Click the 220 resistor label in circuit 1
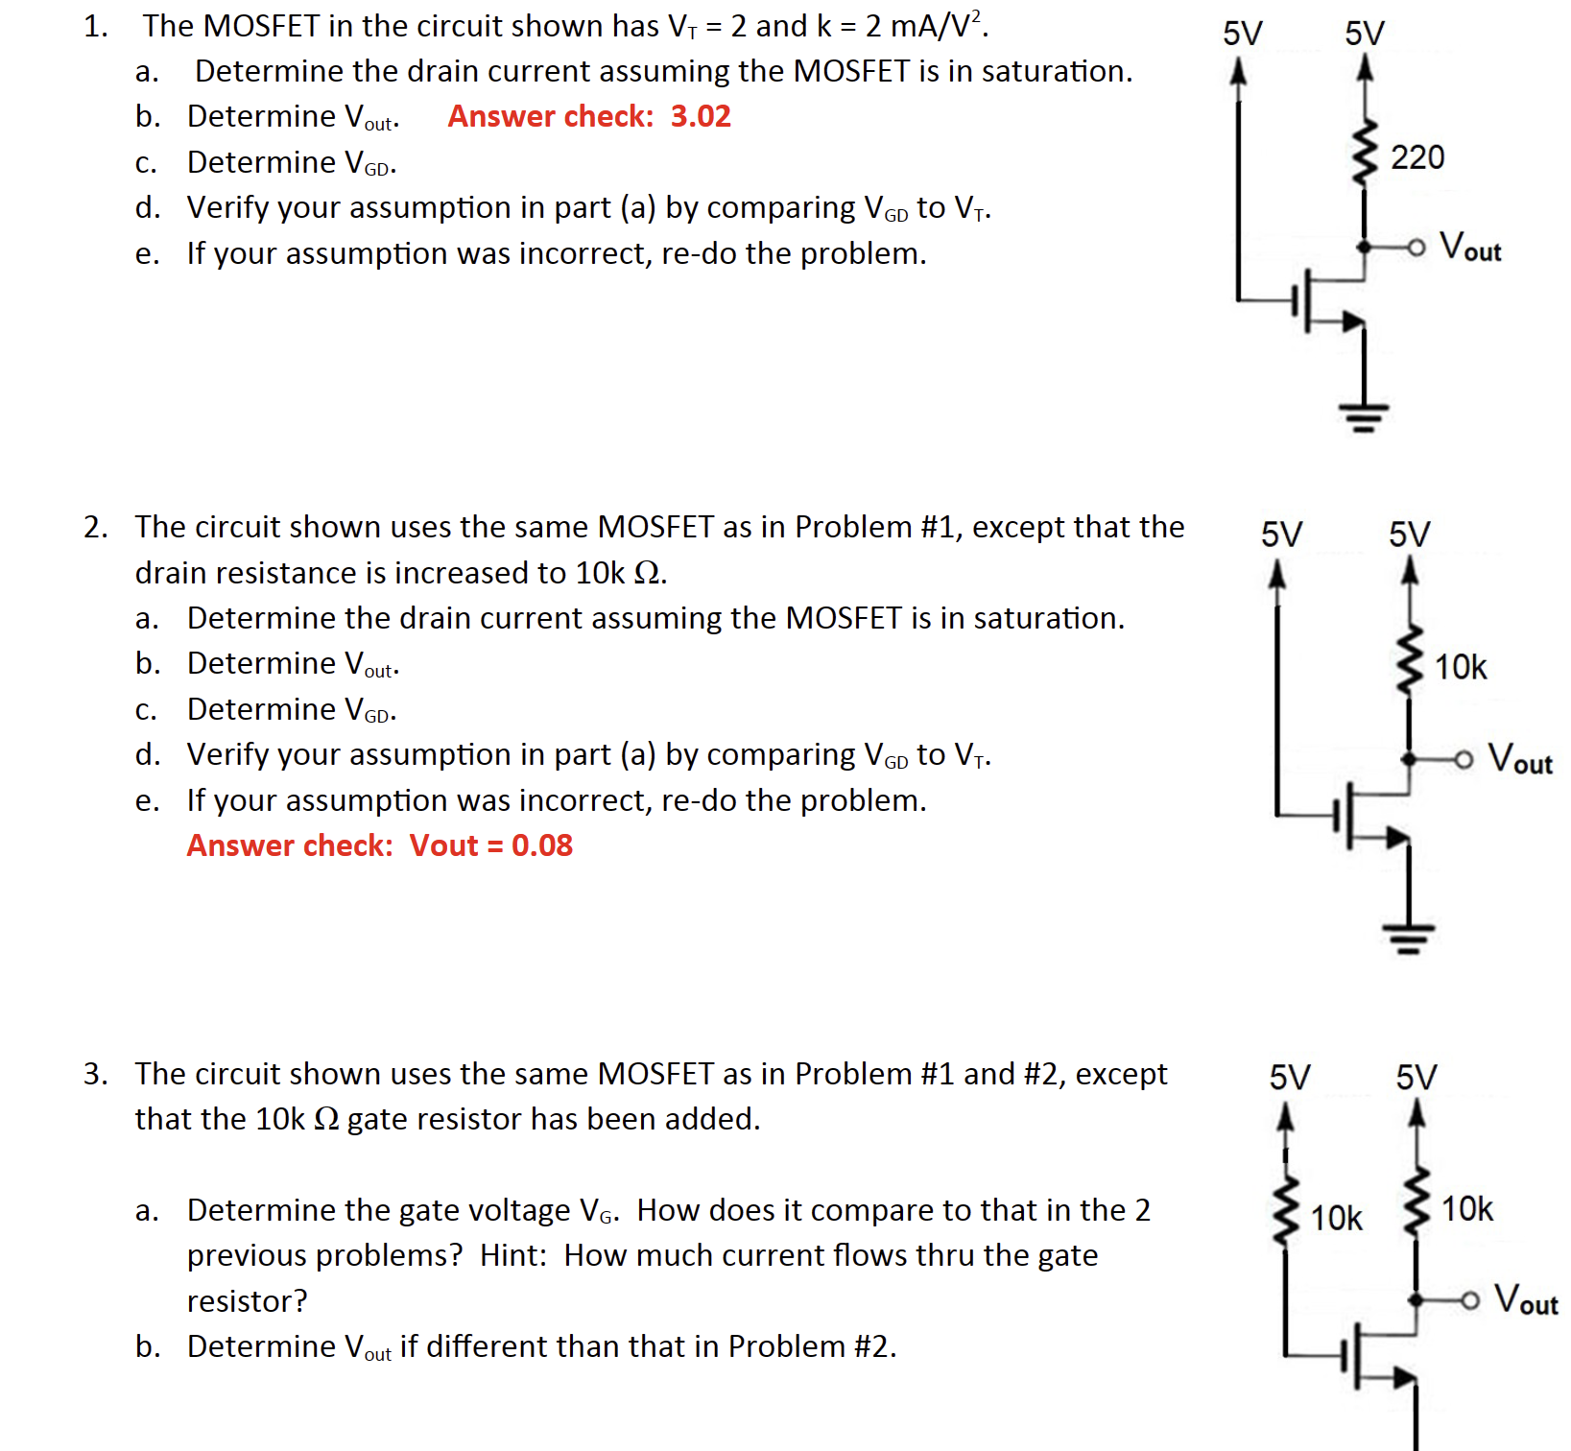[1416, 157]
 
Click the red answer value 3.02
[701, 116]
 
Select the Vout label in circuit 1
[1470, 248]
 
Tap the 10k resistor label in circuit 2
[1460, 667]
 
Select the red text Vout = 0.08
[490, 845]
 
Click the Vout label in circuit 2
[1519, 759]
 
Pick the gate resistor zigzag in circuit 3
[1286, 1211]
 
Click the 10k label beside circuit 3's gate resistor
[1336, 1219]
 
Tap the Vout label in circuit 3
[1526, 1299]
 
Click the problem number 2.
[95, 527]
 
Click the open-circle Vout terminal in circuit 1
[1416, 248]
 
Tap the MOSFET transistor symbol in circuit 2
[1363, 818]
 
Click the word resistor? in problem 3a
[247, 1301]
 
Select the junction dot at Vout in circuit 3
[1416, 1299]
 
